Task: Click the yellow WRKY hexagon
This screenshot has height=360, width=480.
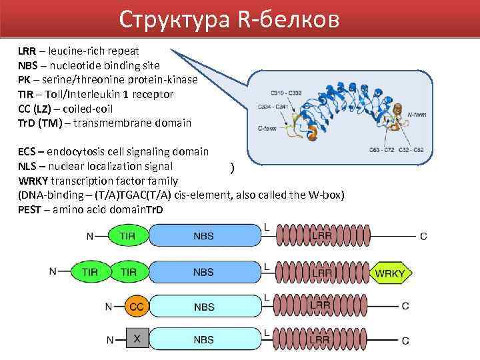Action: tap(391, 272)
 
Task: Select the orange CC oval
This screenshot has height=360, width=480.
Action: tap(136, 307)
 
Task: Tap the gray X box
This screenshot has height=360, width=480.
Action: tap(137, 340)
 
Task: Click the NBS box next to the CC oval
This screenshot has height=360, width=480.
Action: tap(203, 307)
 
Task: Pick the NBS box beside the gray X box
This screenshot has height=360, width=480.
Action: tap(203, 340)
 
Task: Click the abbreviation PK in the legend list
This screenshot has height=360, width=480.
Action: tap(24, 80)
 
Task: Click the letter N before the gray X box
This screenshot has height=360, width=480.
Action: tap(111, 340)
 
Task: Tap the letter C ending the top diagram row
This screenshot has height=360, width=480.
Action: tap(424, 236)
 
